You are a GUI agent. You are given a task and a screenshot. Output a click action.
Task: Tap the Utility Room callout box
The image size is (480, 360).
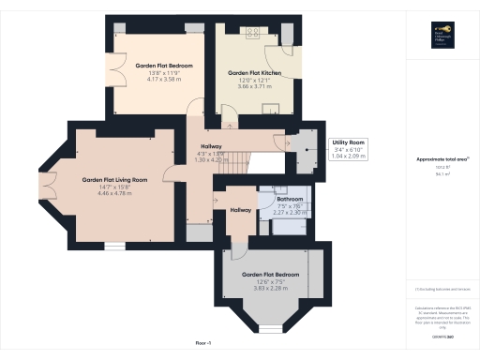(x=349, y=147)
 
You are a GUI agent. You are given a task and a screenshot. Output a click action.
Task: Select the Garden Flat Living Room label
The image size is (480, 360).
(x=114, y=179)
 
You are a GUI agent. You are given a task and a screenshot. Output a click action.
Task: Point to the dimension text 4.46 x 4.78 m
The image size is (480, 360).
(x=114, y=192)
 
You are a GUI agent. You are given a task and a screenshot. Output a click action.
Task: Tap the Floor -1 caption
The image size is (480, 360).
(x=204, y=344)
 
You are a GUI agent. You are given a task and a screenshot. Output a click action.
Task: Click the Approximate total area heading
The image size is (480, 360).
(x=442, y=159)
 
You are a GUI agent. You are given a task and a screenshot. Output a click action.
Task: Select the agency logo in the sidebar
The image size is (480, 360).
(x=442, y=37)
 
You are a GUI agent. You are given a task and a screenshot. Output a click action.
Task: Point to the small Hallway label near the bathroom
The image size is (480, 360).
(x=240, y=210)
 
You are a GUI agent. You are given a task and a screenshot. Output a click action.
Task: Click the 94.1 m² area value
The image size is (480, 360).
(x=442, y=173)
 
